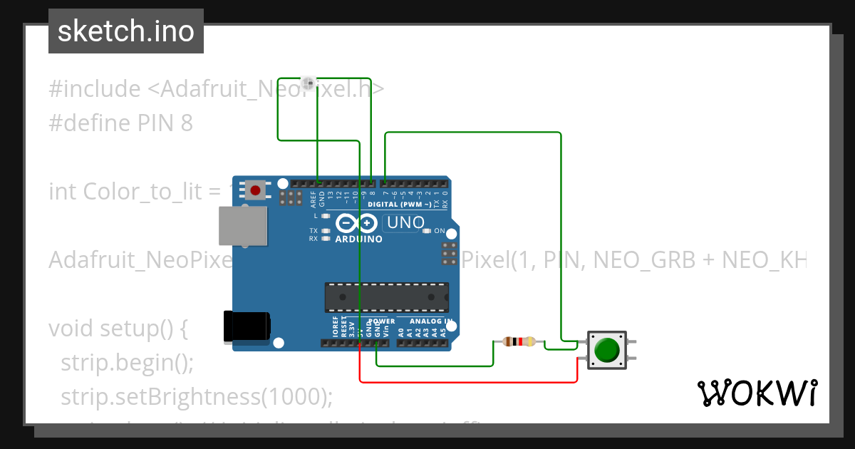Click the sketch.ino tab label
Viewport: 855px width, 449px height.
pyautogui.click(x=125, y=31)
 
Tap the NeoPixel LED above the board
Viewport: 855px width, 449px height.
pyautogui.click(x=309, y=83)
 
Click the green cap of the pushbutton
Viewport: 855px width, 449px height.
pyautogui.click(x=606, y=350)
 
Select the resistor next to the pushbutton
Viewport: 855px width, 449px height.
pyautogui.click(x=519, y=342)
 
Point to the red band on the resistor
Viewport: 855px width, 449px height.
pyautogui.click(x=523, y=342)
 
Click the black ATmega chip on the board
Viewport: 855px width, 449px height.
pyautogui.click(x=387, y=297)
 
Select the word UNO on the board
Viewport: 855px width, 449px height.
pyautogui.click(x=403, y=223)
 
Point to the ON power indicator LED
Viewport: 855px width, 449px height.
pyautogui.click(x=427, y=231)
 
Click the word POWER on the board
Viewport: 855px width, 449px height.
pyautogui.click(x=382, y=321)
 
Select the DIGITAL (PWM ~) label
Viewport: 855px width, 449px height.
pyautogui.click(x=399, y=205)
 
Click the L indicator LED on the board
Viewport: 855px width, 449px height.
pyautogui.click(x=326, y=215)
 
